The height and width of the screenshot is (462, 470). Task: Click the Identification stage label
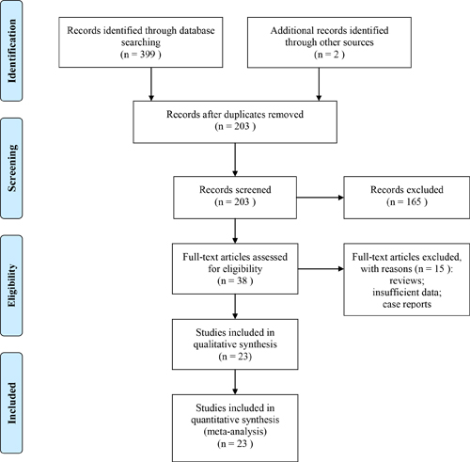(11, 51)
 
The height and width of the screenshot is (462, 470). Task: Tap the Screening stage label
(11, 168)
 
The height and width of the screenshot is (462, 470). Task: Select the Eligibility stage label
(11, 285)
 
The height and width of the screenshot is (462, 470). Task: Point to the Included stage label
(11, 403)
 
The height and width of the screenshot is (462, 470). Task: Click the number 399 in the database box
(148, 55)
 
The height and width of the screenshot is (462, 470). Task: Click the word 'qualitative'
(213, 344)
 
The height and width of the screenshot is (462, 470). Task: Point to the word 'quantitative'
(213, 420)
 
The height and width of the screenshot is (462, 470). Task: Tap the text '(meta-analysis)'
(235, 432)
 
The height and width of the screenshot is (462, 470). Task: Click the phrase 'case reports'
(407, 304)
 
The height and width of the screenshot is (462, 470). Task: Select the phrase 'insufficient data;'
(407, 293)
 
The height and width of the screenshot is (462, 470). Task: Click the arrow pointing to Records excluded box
(321, 198)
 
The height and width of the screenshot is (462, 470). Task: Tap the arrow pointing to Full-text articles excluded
(321, 269)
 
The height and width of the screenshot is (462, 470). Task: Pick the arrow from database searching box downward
(151, 84)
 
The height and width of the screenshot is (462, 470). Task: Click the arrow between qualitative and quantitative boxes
(235, 382)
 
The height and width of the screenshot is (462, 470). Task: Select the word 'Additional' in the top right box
(290, 30)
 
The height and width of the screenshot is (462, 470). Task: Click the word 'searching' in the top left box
(141, 42)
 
